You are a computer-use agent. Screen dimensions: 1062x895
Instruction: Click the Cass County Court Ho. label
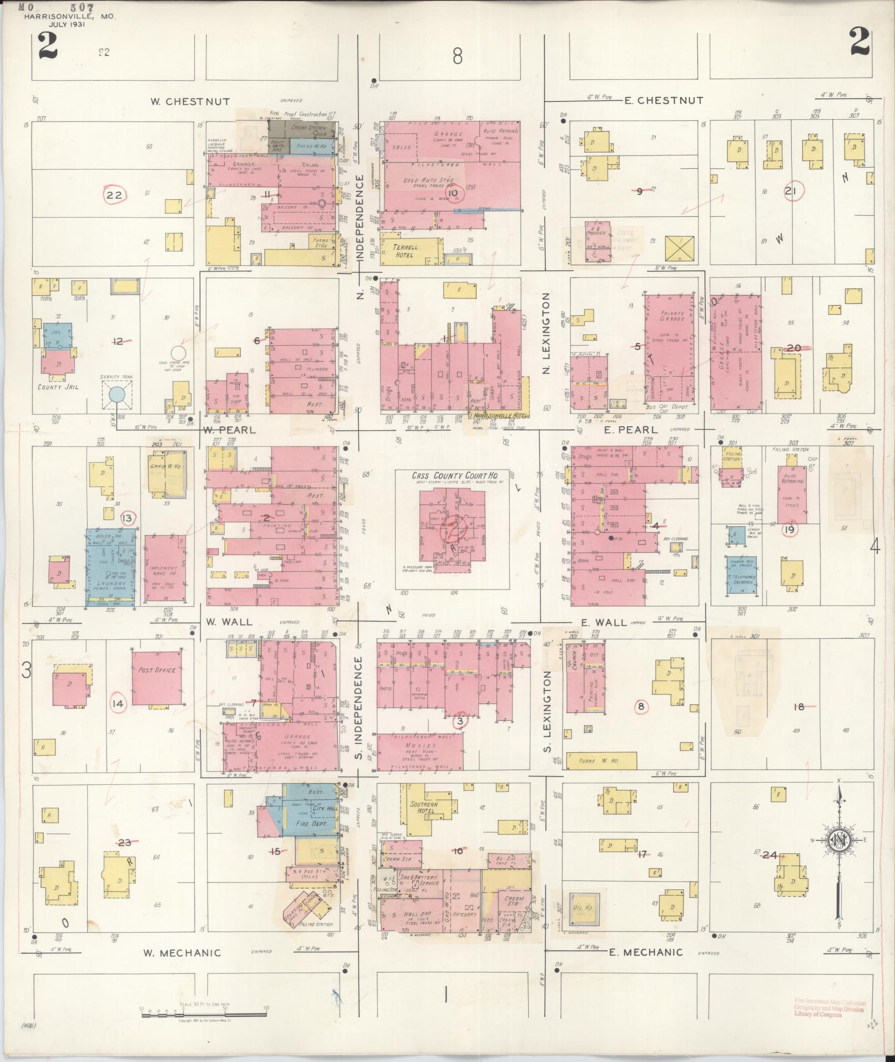coord(452,476)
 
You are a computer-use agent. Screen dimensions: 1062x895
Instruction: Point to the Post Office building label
coord(158,670)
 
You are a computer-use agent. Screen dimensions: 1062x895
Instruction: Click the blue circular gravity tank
coord(117,395)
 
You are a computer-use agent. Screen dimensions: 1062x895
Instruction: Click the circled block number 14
coord(119,704)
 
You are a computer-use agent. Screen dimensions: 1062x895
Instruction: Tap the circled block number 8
coord(641,707)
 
